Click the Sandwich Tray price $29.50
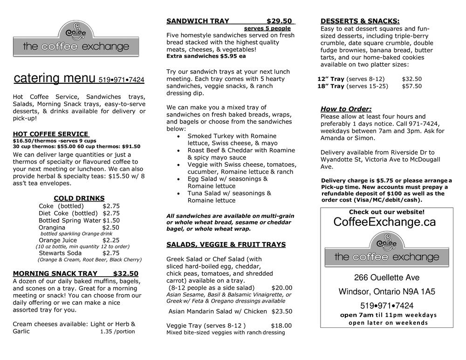(279, 21)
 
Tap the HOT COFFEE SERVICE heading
(50, 134)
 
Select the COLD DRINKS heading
(79, 198)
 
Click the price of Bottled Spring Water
(111, 220)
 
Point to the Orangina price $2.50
(111, 227)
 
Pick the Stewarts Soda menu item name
(60, 253)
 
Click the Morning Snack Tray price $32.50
(125, 273)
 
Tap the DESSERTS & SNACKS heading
(360, 21)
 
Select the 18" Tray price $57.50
(411, 86)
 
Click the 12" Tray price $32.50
(411, 79)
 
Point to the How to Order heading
(346, 109)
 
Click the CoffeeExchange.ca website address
(384, 222)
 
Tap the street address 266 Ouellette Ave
(386, 278)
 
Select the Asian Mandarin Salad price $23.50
(281, 312)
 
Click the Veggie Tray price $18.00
(281, 326)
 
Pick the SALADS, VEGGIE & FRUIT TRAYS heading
(226, 245)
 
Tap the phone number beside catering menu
(121, 80)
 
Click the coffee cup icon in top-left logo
(76, 32)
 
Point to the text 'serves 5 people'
(267, 28)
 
